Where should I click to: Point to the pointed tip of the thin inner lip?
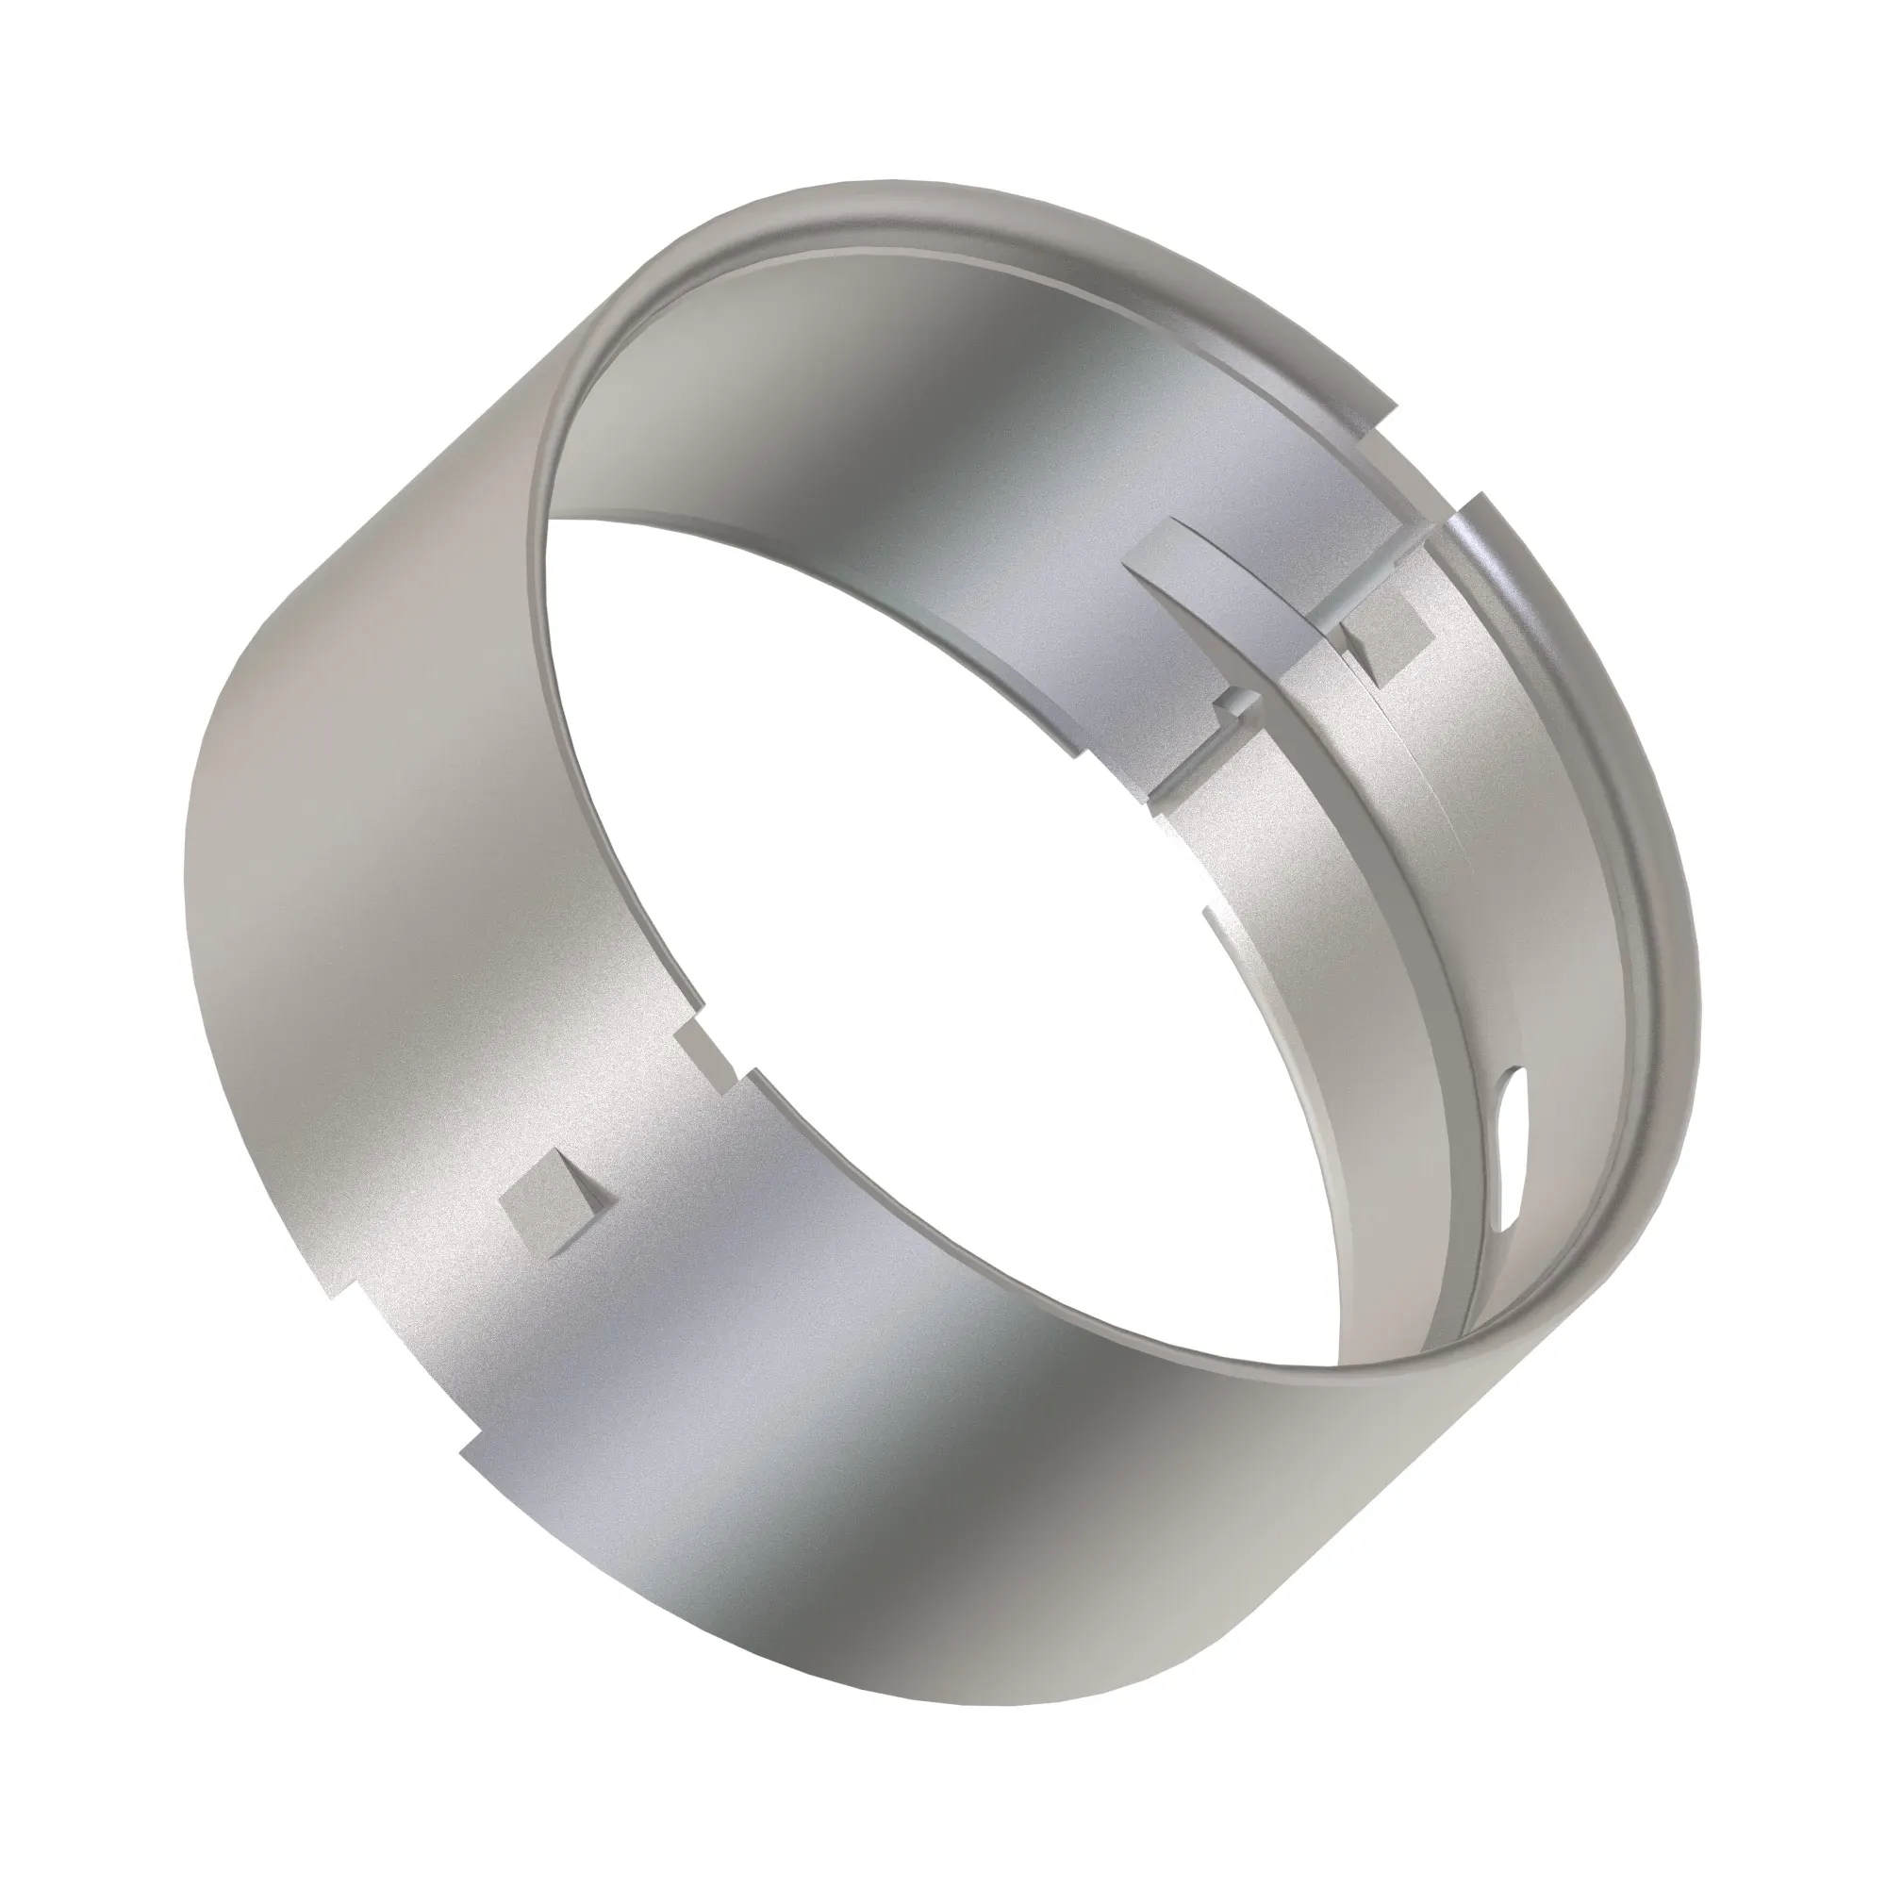point(1211,912)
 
